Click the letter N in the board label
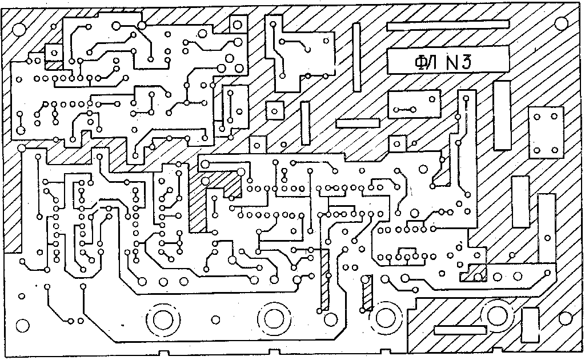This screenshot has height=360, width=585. [x=454, y=61]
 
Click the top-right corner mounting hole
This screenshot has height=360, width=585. [x=562, y=23]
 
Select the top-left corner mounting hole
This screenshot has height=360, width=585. [x=18, y=29]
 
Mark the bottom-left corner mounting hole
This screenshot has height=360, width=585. [x=22, y=326]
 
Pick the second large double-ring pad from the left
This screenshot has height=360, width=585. [x=274, y=319]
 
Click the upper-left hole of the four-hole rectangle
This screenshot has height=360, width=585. [x=536, y=117]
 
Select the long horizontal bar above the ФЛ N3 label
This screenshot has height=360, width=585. [x=447, y=25]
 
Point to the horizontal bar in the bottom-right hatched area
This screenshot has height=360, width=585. [x=460, y=330]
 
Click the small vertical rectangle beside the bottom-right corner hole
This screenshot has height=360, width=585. [x=531, y=326]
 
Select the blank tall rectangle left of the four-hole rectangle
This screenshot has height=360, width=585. [x=502, y=115]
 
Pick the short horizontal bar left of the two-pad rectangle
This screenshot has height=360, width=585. [x=358, y=123]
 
